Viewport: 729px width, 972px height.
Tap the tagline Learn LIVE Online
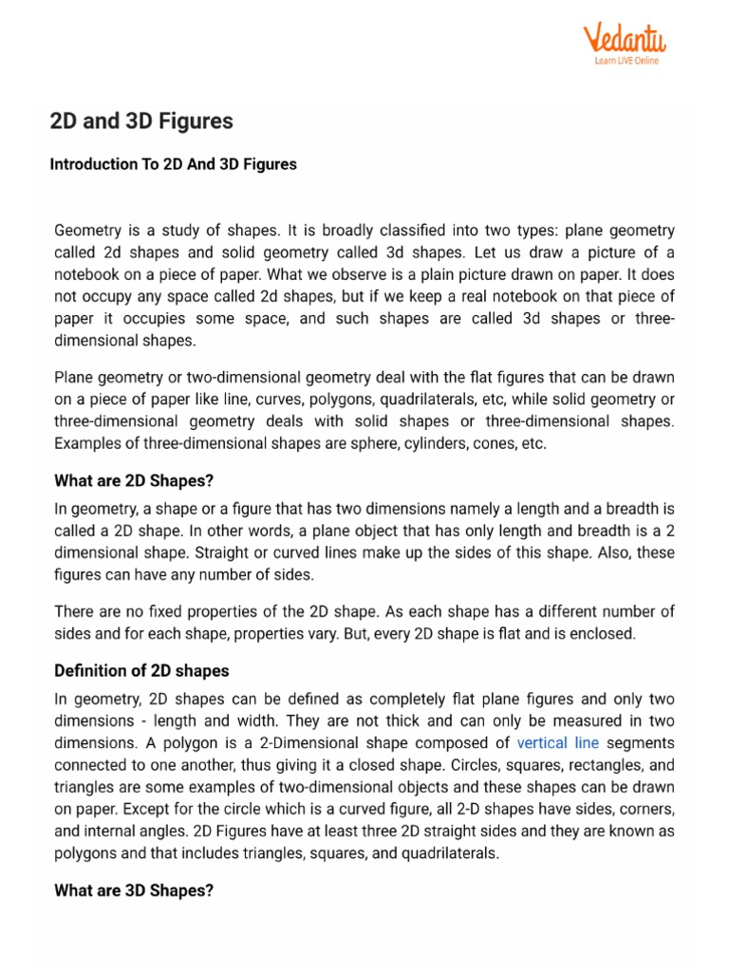[x=626, y=61]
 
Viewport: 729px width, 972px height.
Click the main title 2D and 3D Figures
[x=141, y=122]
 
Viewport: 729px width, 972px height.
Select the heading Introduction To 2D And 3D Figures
[x=173, y=164]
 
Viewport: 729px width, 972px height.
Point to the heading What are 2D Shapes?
[x=140, y=481]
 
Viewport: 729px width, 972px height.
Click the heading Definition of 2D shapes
[x=141, y=671]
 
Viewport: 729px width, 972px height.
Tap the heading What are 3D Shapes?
[x=134, y=890]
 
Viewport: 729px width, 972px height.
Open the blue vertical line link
[x=557, y=743]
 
